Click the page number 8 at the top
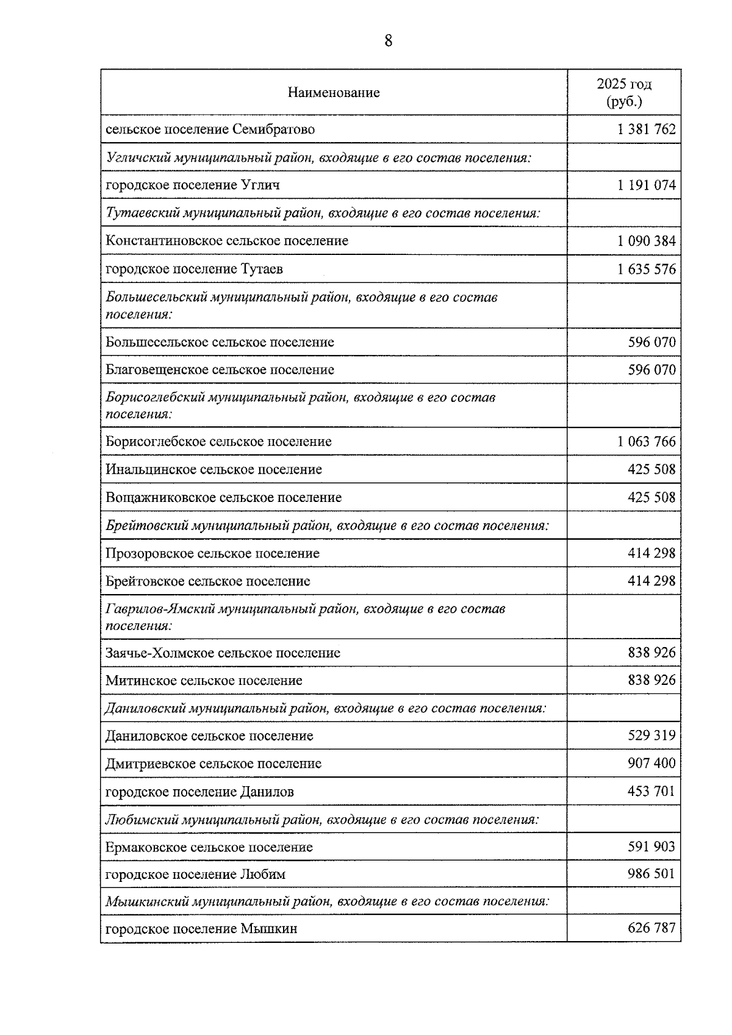(388, 41)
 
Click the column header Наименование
(334, 93)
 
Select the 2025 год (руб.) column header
(623, 93)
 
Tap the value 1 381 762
(646, 129)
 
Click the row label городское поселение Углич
(193, 185)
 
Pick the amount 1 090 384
(646, 241)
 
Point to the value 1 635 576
(646, 269)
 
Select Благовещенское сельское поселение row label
(220, 370)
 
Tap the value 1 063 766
(646, 442)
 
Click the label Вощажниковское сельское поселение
(223, 498)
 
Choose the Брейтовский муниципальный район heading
(327, 525)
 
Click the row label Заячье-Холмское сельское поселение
(223, 653)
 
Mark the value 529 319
(651, 736)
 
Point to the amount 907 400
(651, 764)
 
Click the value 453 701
(651, 792)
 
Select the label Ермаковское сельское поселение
(209, 847)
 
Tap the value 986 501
(651, 874)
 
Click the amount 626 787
(651, 928)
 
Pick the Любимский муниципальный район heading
(322, 819)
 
